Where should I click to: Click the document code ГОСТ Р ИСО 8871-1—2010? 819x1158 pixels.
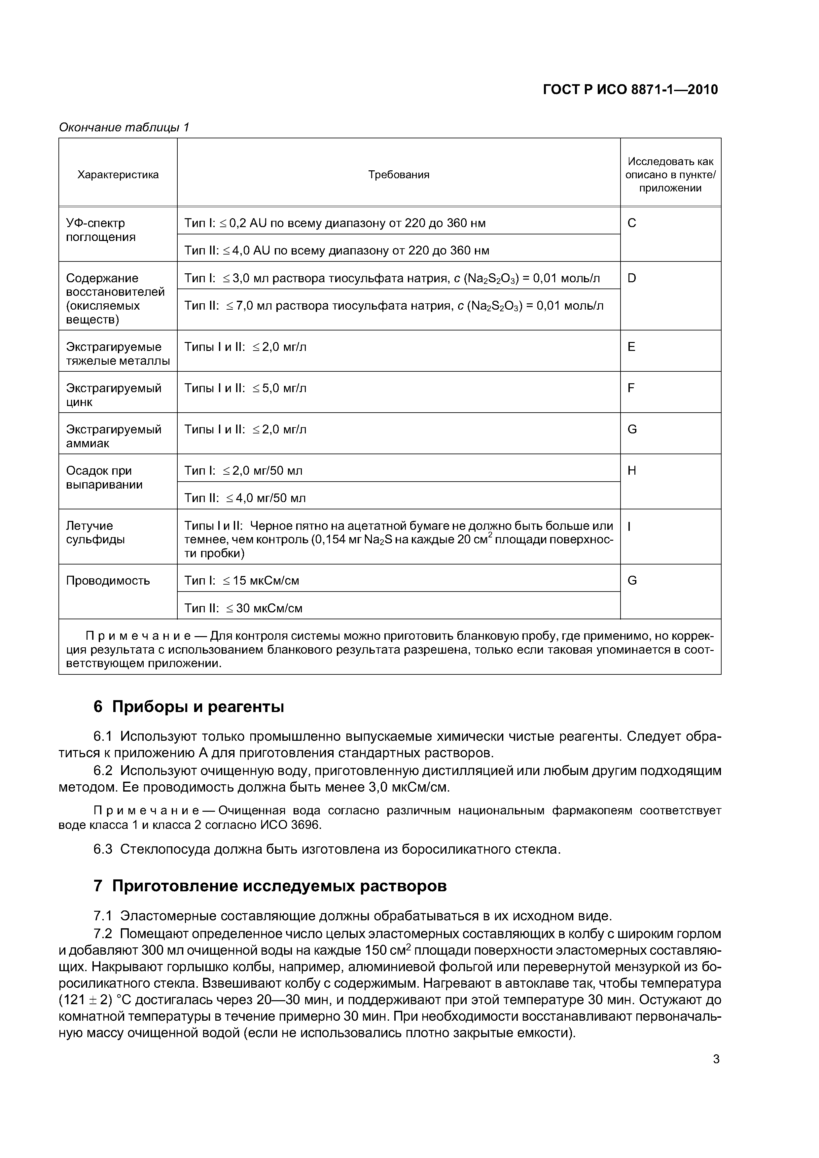(630, 90)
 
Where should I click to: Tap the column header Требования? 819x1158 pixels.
(398, 175)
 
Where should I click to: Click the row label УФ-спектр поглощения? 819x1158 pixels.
(101, 230)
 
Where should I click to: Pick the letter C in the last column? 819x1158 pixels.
(632, 223)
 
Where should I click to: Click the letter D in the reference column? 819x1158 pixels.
(632, 278)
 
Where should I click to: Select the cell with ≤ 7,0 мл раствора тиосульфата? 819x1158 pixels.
(394, 306)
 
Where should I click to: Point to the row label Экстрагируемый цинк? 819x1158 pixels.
(114, 395)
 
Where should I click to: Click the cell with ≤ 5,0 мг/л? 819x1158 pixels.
(246, 388)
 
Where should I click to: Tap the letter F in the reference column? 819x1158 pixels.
(631, 388)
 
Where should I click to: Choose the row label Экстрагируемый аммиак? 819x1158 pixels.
(114, 436)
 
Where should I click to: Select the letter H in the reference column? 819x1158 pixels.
(632, 471)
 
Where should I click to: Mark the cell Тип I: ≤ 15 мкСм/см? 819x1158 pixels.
(242, 581)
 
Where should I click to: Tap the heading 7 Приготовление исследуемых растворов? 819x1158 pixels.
(270, 886)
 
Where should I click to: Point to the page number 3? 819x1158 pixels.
(716, 1059)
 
